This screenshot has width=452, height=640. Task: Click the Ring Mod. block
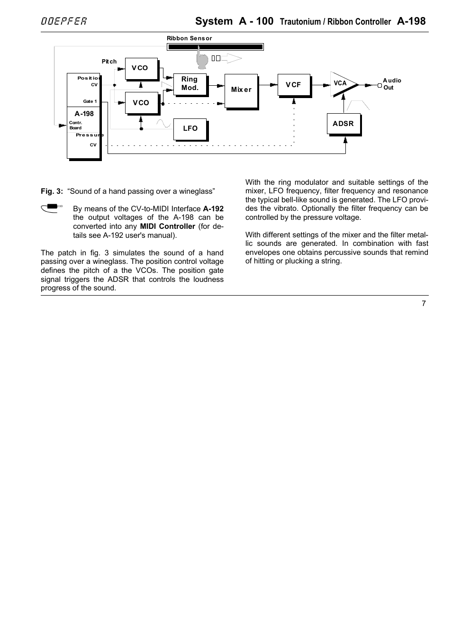(x=190, y=84)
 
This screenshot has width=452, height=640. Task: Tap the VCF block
(x=293, y=85)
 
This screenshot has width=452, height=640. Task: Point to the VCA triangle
(x=342, y=84)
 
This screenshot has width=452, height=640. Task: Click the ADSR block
(x=343, y=124)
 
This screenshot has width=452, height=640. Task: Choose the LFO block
(x=190, y=128)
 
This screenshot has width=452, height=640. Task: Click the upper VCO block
(x=141, y=68)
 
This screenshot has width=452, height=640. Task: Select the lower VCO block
(x=141, y=103)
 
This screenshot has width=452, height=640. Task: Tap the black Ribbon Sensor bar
(x=215, y=47)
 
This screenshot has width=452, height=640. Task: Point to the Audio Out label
(x=391, y=84)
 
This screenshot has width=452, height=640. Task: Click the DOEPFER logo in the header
(x=63, y=21)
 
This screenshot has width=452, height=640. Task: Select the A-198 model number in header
(x=411, y=21)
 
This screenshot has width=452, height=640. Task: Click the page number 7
(x=424, y=304)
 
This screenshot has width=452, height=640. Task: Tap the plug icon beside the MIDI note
(x=52, y=207)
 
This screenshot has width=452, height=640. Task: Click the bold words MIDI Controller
(x=167, y=226)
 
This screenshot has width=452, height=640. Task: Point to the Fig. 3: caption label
(x=52, y=191)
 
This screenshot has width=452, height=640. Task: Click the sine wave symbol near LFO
(x=163, y=124)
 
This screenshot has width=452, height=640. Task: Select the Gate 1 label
(x=90, y=101)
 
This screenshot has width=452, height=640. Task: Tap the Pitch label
(x=109, y=62)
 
